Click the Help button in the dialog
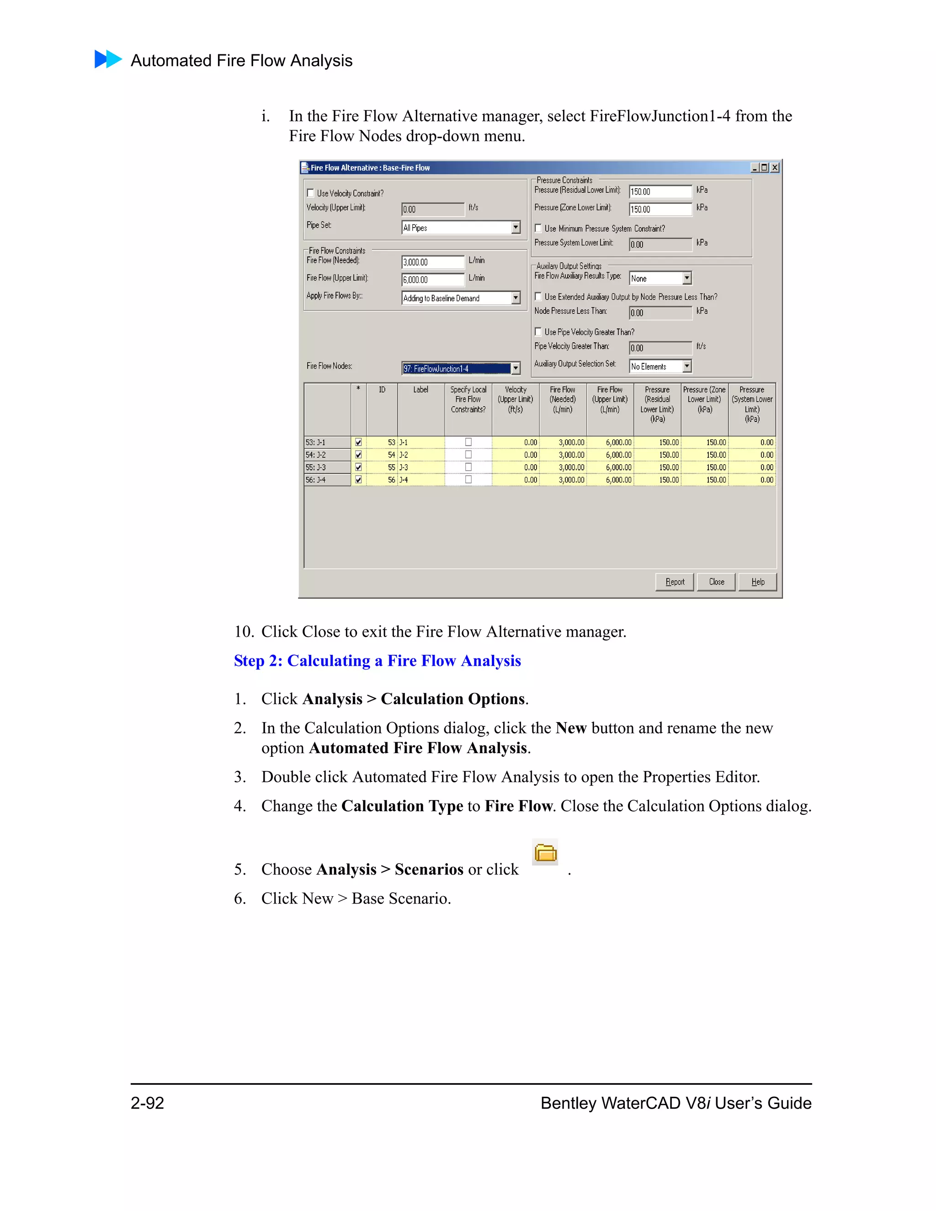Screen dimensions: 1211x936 [757, 582]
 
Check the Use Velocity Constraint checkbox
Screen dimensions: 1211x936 [310, 193]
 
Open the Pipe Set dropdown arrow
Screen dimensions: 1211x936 [516, 227]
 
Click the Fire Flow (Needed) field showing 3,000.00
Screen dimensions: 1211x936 [432, 262]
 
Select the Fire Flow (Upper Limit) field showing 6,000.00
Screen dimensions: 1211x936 [432, 280]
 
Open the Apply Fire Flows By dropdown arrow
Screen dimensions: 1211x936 [516, 298]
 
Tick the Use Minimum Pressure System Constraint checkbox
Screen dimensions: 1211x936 [538, 228]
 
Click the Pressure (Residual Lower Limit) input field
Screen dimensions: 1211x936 [660, 192]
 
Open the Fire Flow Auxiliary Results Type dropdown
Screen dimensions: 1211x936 [686, 278]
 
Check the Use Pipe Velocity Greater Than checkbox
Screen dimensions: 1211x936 [538, 332]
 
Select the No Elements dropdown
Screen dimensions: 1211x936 [660, 366]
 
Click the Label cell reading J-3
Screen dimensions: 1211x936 [420, 467]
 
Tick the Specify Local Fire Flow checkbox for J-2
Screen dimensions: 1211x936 [468, 455]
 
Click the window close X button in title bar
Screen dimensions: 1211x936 [775, 167]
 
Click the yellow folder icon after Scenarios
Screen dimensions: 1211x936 [545, 852]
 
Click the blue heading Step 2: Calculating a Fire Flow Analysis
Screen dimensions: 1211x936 [377, 661]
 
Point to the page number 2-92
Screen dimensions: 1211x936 [148, 1103]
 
